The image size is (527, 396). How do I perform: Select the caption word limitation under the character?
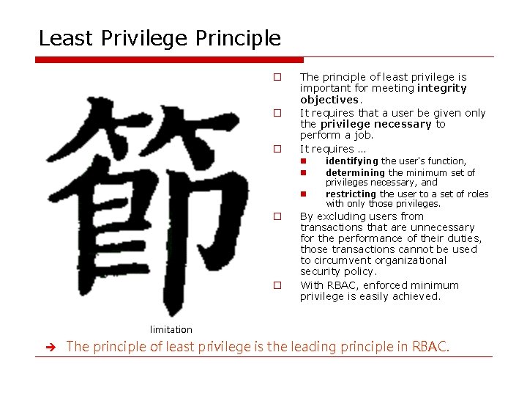pos(171,329)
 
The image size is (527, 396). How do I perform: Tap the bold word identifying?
pos(352,161)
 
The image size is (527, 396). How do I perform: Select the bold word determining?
pos(355,172)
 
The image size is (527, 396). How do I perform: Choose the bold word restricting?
pos(351,194)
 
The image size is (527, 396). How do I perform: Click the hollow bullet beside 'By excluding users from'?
pos(277,216)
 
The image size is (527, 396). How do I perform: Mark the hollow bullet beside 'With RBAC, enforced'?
pos(277,285)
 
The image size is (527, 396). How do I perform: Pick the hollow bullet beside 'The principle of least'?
pos(277,77)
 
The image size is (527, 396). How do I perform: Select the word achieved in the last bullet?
pos(417,297)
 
